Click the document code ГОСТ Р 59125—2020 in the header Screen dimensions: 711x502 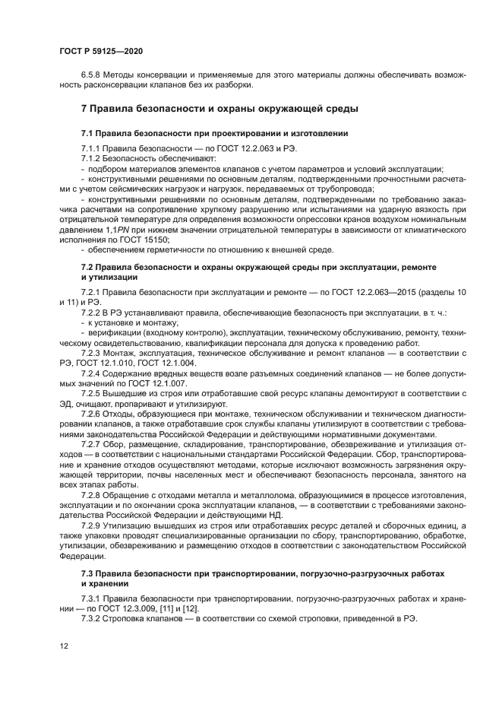click(100, 50)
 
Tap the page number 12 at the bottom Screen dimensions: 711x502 click(64, 645)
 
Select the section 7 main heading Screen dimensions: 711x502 click(219, 110)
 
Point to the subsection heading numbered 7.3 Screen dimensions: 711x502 click(262, 572)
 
